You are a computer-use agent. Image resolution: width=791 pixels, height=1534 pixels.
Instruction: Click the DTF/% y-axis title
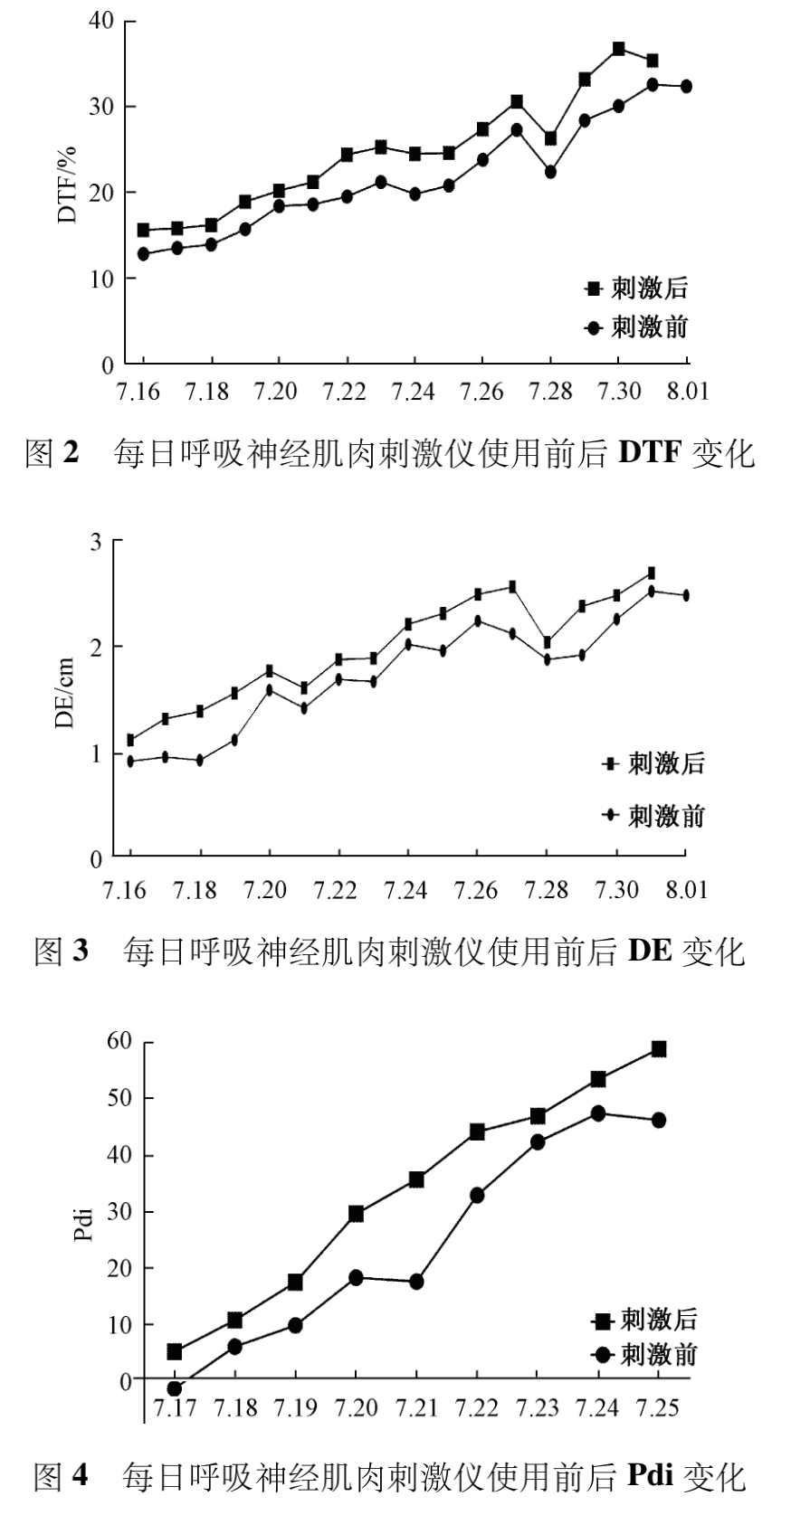pos(68,185)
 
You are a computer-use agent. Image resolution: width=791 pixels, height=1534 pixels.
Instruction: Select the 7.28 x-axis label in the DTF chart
pos(549,393)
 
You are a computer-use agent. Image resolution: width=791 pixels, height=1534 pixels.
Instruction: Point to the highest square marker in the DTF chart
pos(619,49)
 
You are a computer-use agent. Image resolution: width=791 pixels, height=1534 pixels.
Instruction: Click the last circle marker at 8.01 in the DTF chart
pos(686,86)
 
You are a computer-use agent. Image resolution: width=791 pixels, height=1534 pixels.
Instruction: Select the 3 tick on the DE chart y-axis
pos(93,541)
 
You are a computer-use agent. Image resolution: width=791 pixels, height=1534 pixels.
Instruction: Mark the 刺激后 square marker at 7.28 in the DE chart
pos(547,642)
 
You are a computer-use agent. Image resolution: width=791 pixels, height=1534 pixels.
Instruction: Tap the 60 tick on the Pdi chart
pos(119,1042)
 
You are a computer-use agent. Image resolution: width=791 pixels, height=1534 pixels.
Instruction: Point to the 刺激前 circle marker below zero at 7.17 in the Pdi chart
pos(175,1388)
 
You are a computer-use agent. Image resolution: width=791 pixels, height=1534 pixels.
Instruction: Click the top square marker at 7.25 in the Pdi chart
pos(659,1049)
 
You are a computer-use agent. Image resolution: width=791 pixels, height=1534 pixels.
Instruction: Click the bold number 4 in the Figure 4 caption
pos(81,1477)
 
